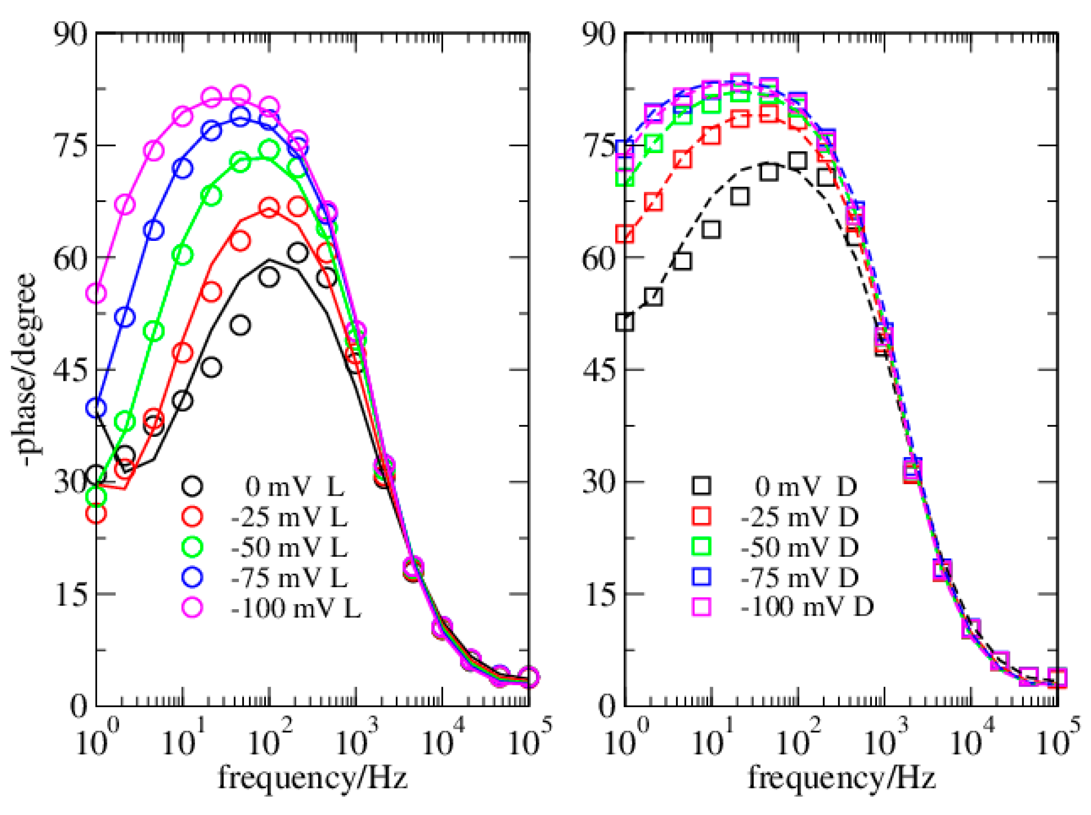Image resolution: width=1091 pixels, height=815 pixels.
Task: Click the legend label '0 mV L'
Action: [294, 487]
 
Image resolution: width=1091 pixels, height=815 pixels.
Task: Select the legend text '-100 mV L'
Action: [296, 608]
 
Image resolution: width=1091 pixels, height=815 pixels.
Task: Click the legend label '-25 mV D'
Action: [799, 517]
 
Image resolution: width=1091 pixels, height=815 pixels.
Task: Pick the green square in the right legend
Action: [702, 546]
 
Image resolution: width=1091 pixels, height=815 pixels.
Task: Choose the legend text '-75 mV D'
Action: [799, 577]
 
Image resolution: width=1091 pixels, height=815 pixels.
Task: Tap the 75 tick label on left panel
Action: [69, 146]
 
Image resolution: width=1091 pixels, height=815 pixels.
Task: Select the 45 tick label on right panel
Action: [598, 369]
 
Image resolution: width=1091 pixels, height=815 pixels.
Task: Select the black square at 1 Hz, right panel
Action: [625, 322]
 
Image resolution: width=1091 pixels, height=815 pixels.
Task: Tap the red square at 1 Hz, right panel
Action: [625, 234]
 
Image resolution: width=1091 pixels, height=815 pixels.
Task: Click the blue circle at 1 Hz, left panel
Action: [96, 408]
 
